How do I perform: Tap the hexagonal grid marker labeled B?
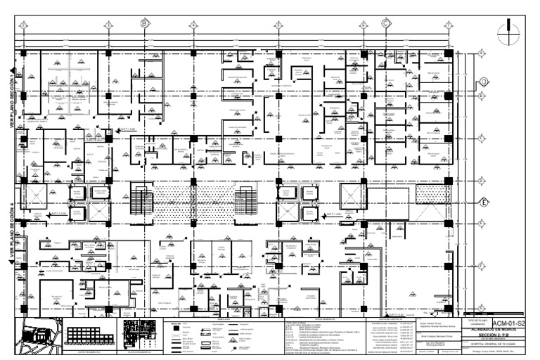point(144,23)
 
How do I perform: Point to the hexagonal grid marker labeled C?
point(386,23)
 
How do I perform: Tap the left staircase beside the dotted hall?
point(141,200)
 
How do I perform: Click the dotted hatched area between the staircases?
point(194,200)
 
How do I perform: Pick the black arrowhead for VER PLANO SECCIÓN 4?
point(12,262)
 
